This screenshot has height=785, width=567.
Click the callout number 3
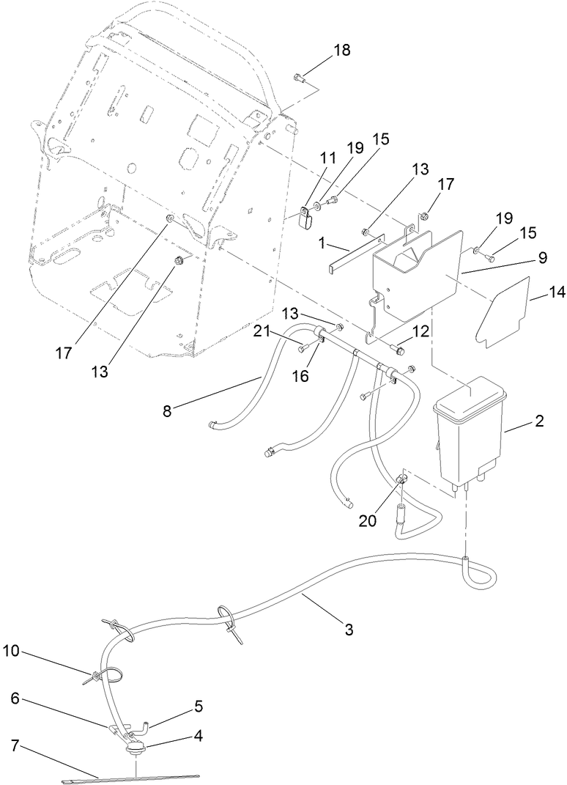pyautogui.click(x=349, y=629)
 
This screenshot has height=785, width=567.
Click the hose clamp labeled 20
pyautogui.click(x=401, y=480)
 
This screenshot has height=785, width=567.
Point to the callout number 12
pyautogui.click(x=421, y=332)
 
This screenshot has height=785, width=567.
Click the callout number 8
pyautogui.click(x=168, y=412)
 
